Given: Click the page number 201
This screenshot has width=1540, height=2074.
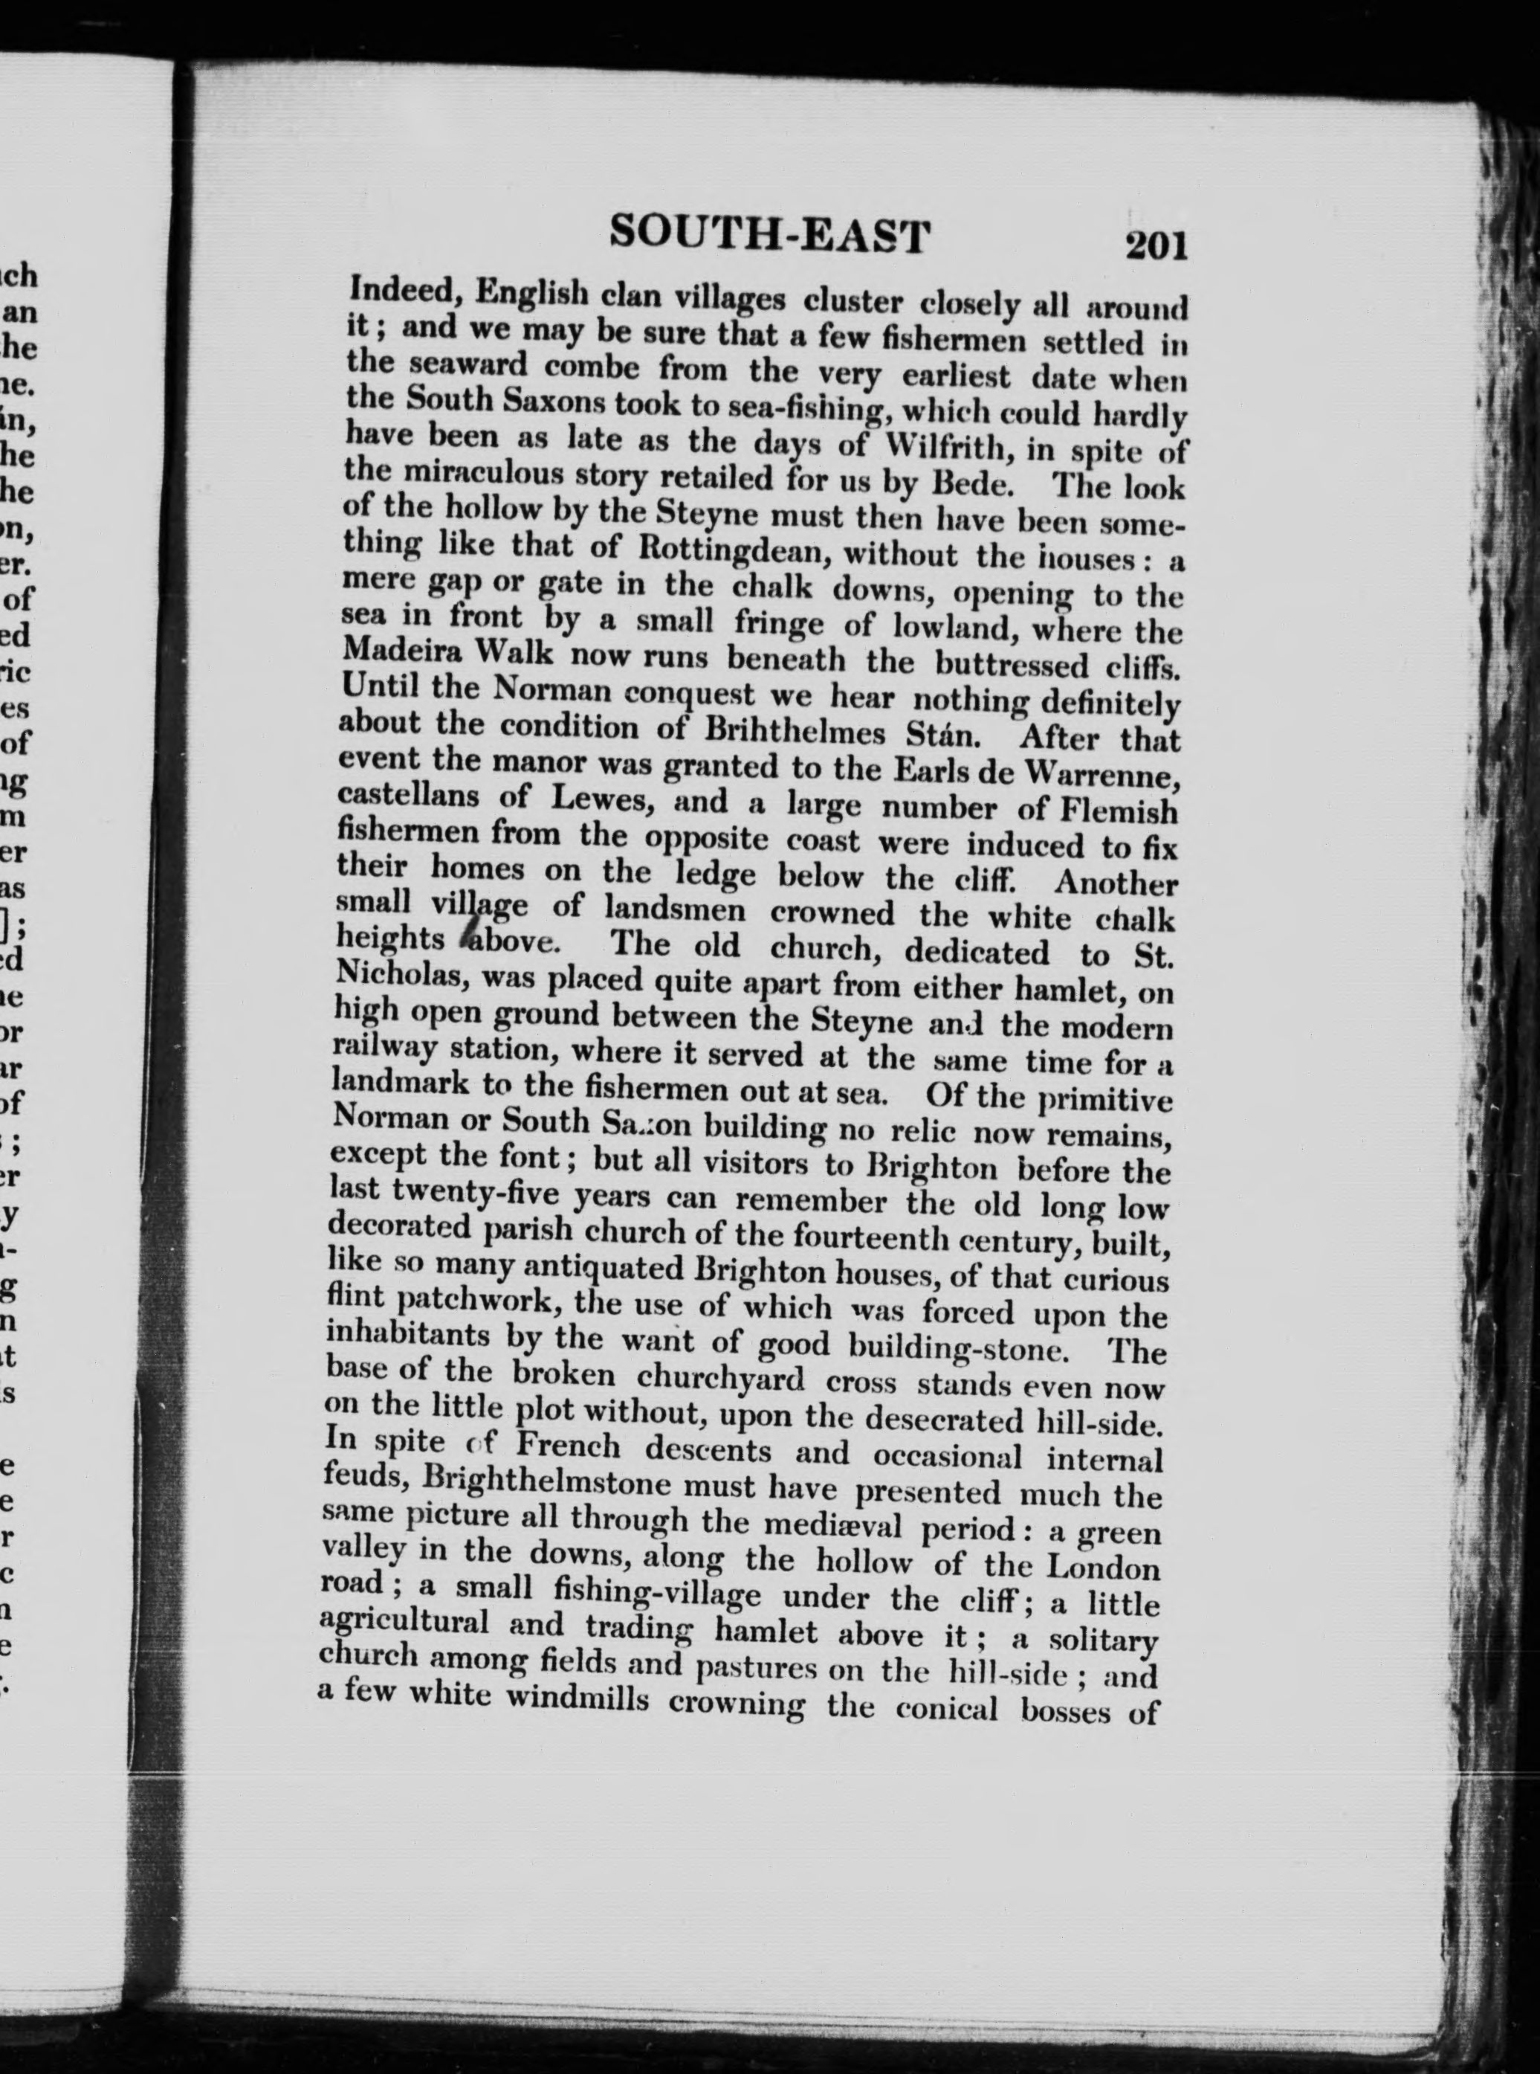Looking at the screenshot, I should tap(1156, 246).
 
